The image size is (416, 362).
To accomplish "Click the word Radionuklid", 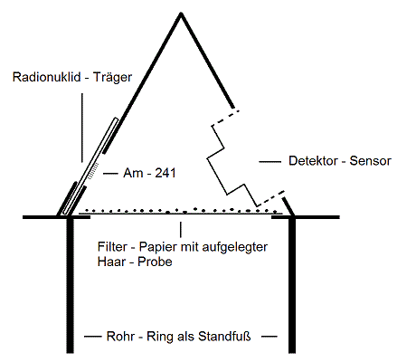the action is coord(47,77).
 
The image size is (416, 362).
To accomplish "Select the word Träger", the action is coord(112,77).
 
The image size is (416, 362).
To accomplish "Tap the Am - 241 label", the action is coord(149,173).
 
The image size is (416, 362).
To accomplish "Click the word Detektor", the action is coord(313,160).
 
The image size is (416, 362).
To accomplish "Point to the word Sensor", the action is coord(371,160).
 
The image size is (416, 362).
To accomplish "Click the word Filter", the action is coord(112,247).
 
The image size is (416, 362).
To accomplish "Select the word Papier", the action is coord(158,247).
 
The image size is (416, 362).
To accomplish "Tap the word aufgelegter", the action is coord(235,247).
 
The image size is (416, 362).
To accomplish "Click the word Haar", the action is coord(111,262).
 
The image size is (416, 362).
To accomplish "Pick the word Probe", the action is coord(155,262).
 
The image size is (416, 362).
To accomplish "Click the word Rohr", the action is coord(120,337).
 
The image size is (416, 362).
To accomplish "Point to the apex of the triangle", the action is coord(181,13).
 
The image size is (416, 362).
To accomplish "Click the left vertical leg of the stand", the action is coord(70,285).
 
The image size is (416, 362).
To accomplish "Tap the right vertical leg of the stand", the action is coord(292,285).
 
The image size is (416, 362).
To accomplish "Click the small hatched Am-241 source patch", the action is coord(93,171).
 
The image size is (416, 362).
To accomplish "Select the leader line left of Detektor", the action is coord(270,162).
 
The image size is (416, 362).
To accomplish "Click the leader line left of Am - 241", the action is coord(110,174).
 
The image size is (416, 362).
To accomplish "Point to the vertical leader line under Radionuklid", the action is coord(82,128).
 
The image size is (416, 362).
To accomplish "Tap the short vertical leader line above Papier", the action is coord(181,230).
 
